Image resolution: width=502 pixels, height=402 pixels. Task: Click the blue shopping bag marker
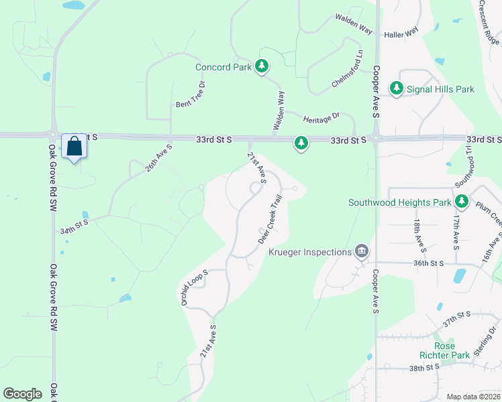coord(74,146)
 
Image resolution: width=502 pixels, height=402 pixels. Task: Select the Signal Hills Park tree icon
coord(397,89)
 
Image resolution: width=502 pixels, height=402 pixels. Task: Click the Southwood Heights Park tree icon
coord(461,202)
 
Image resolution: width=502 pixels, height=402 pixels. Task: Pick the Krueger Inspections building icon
coord(362,251)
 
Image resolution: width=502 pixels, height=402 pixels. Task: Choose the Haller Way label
coord(401,32)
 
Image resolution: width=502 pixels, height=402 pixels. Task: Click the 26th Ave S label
coord(159,158)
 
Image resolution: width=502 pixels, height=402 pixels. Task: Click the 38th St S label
coord(423,367)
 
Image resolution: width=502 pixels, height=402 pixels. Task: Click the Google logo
coord(22,394)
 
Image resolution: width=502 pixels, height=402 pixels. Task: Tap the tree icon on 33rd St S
coord(301,143)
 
